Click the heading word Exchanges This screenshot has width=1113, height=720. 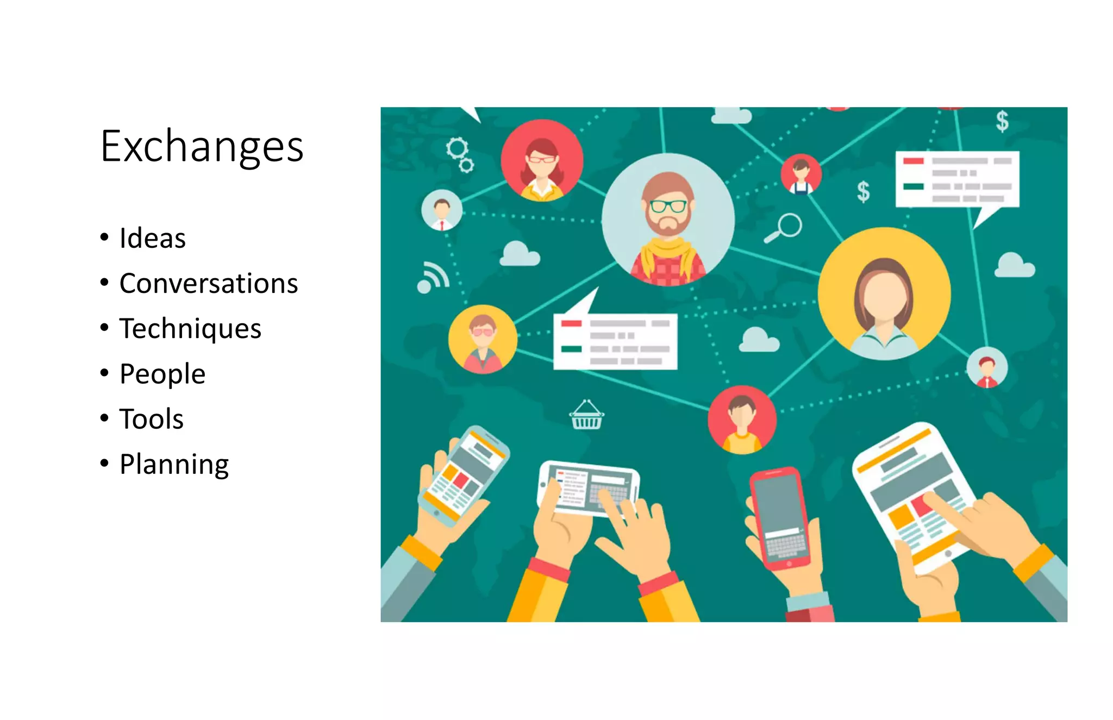click(202, 147)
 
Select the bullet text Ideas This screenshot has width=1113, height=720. click(152, 239)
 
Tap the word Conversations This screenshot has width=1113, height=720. click(208, 284)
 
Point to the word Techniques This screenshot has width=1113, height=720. click(190, 329)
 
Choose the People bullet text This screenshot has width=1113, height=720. click(162, 374)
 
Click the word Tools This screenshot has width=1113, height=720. click(151, 419)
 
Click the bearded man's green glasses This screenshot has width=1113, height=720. click(668, 206)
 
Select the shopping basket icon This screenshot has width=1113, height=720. click(586, 416)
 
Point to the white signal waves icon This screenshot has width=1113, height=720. click(433, 277)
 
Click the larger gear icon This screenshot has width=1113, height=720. click(457, 147)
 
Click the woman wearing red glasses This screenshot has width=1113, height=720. click(541, 161)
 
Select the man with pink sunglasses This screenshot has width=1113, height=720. click(482, 340)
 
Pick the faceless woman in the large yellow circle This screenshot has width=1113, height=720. click(884, 294)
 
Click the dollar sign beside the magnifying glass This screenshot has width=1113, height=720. click(863, 192)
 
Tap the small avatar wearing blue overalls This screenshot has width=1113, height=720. click(801, 174)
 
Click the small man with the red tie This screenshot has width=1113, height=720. click(442, 210)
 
